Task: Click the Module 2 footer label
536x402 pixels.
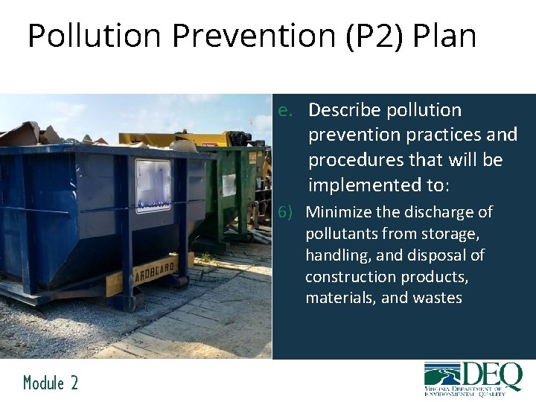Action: (50, 383)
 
